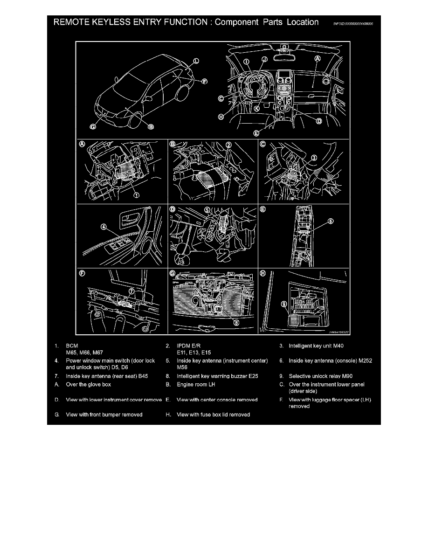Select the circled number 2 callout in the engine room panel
(x=229, y=145)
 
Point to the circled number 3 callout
(x=314, y=158)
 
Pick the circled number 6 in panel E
(x=330, y=222)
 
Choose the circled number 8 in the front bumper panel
(x=236, y=321)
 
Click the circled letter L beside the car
(x=196, y=61)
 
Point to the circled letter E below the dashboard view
(x=256, y=132)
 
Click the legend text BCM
(x=72, y=346)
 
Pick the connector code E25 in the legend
(x=252, y=376)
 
